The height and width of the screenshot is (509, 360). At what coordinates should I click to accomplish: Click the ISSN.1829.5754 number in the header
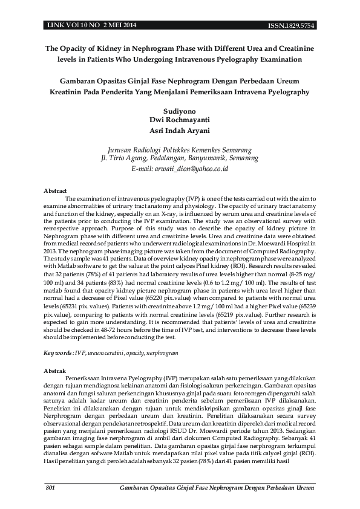[292, 25]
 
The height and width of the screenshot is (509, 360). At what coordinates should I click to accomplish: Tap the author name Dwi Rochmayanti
[179, 120]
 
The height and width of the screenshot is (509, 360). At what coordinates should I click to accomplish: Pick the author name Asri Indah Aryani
[179, 130]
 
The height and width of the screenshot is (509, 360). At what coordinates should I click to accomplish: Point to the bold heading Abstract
[56, 191]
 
